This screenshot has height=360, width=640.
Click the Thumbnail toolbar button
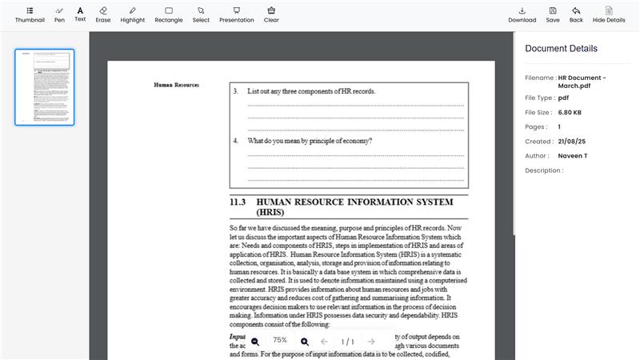coord(30,14)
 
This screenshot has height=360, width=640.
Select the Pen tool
coord(59,14)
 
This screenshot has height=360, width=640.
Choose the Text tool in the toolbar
coord(80,14)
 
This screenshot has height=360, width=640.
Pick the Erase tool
coord(102,14)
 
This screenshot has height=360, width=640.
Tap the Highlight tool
coord(133,14)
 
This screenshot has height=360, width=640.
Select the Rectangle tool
coord(169,14)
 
